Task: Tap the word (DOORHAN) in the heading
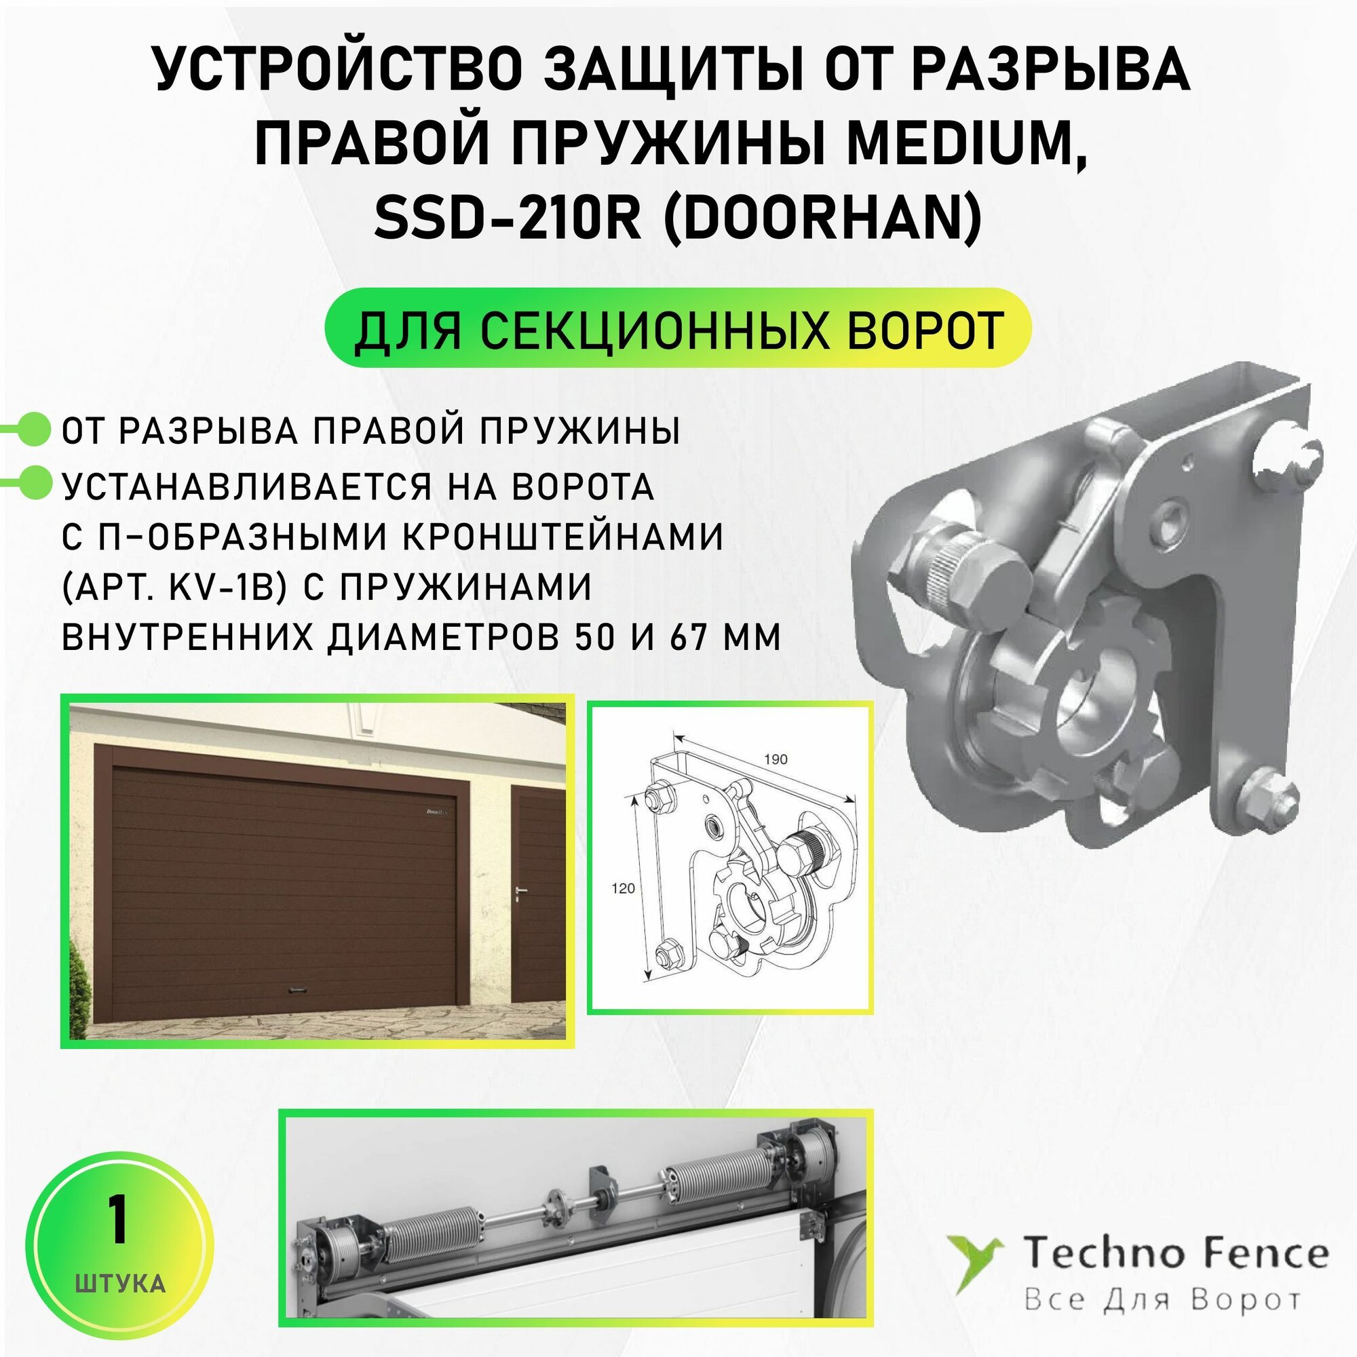822,218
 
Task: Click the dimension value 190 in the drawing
775,759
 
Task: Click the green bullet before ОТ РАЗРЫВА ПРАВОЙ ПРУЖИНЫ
34,430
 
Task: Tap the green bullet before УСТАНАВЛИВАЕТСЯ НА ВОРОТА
34,484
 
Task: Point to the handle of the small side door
518,892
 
